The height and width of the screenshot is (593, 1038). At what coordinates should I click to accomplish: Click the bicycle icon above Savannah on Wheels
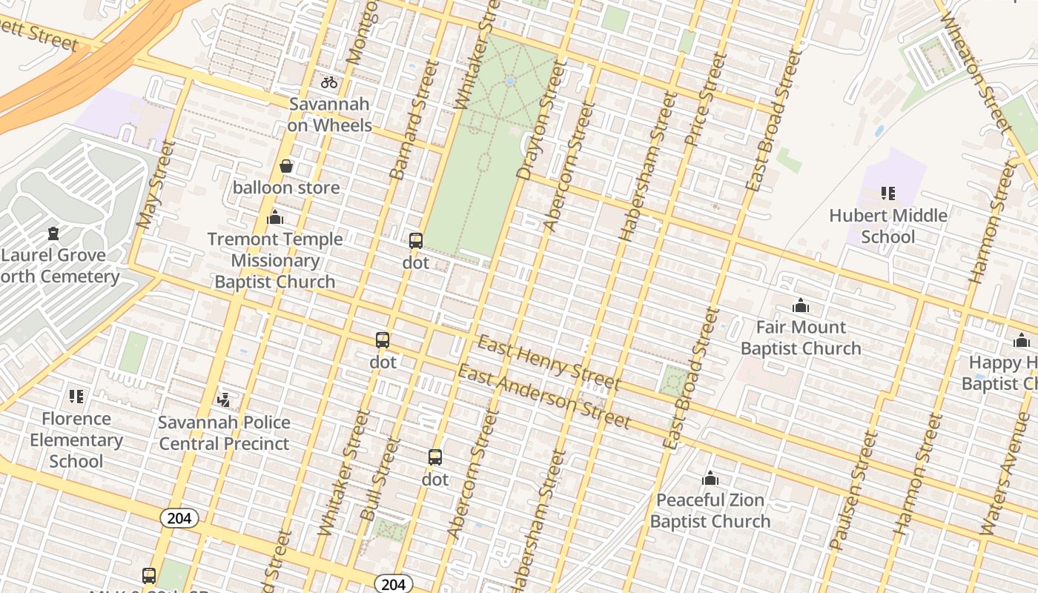(329, 82)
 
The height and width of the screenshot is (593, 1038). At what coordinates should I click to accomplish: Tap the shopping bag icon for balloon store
(286, 166)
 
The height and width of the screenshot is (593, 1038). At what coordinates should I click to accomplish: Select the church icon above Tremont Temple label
(275, 217)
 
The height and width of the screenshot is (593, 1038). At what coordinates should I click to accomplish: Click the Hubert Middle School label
(887, 226)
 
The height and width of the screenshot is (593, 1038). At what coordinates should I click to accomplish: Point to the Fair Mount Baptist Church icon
(800, 305)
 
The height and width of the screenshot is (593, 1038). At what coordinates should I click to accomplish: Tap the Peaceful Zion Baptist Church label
(710, 511)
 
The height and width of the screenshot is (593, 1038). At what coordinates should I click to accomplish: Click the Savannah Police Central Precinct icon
(223, 400)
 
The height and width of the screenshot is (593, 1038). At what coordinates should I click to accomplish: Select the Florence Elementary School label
(76, 440)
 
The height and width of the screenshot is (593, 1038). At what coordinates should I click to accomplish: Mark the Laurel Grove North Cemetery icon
(53, 233)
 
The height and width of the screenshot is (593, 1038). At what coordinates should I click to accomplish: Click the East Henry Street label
(549, 362)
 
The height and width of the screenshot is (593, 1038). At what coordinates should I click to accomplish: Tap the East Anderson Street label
(543, 397)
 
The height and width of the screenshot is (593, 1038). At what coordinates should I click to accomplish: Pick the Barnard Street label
(410, 121)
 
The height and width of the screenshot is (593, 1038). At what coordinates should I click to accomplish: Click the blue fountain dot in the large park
(509, 82)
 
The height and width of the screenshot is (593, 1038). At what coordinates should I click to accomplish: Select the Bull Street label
(380, 479)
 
